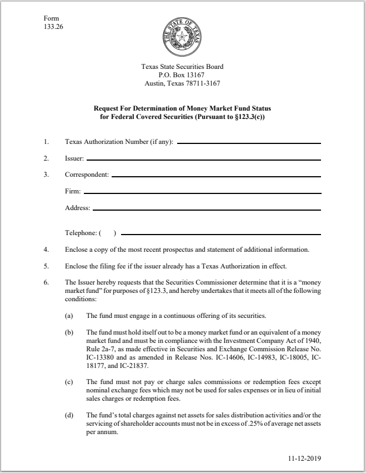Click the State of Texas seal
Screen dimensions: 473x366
[x=183, y=37]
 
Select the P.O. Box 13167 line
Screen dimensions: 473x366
[x=183, y=76]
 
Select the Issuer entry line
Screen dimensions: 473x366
[x=203, y=160]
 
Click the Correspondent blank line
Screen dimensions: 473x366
[x=216, y=176]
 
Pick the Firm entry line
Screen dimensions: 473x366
[x=202, y=192]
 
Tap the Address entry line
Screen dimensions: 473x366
[x=207, y=210]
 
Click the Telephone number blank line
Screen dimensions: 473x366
[x=220, y=233]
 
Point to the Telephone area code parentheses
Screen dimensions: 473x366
[x=108, y=232]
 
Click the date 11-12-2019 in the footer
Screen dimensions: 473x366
[x=305, y=459]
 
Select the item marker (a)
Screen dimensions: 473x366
[x=69, y=316]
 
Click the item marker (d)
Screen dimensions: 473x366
[x=69, y=415]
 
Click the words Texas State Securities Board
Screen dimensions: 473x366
[x=183, y=67]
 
